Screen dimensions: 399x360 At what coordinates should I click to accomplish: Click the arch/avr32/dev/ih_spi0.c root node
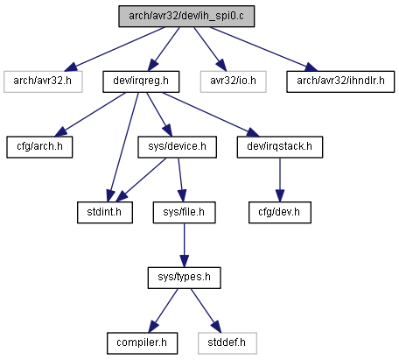[186, 17]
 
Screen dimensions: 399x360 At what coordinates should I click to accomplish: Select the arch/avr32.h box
[43, 81]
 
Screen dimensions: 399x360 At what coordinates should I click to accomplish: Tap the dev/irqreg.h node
[141, 81]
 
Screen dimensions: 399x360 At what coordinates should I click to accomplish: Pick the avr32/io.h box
[234, 81]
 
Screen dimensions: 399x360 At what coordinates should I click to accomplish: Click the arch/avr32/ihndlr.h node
[340, 81]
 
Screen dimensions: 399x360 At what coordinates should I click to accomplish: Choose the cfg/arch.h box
[39, 147]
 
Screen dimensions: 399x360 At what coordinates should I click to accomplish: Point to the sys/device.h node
[178, 147]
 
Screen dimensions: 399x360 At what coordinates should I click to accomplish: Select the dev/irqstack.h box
[280, 147]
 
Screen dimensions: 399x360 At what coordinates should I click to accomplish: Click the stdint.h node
[105, 213]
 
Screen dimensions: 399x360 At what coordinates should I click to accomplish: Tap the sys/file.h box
[185, 213]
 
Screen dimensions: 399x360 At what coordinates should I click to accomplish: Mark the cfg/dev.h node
[280, 213]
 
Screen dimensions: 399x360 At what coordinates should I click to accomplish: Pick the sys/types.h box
[185, 278]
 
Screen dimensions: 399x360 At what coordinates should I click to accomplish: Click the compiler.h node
[143, 343]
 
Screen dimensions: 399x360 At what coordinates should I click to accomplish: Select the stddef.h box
[227, 343]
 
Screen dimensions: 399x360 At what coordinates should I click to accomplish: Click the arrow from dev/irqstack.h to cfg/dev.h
[280, 180]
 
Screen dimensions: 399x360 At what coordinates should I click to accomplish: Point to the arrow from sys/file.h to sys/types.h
[185, 245]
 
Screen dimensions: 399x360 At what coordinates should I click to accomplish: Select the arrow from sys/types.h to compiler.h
[164, 311]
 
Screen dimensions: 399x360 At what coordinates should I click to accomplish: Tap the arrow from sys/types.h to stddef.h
[206, 311]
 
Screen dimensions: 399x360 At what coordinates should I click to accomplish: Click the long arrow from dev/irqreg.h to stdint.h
[123, 147]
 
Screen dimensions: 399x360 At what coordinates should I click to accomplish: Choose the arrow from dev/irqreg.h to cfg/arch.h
[90, 115]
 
